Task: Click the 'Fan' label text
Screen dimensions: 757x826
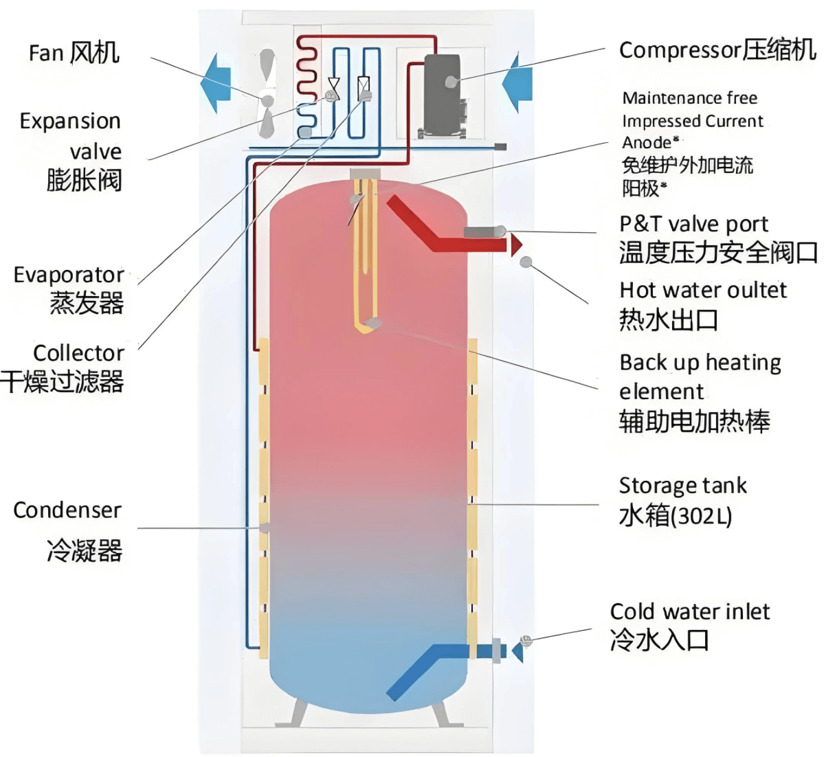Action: click(x=47, y=54)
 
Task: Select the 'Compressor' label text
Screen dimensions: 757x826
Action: click(x=680, y=50)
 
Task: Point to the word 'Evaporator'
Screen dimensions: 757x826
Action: click(x=68, y=275)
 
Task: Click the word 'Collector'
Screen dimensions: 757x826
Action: click(x=78, y=353)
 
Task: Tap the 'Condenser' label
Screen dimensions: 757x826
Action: click(x=67, y=510)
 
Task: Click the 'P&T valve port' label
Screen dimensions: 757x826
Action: click(x=693, y=224)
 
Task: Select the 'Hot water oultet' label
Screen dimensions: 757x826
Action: click(x=702, y=291)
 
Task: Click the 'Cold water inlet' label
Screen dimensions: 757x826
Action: click(x=689, y=611)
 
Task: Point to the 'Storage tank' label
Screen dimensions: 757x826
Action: click(x=682, y=486)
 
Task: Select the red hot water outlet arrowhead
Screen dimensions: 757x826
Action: click(x=516, y=245)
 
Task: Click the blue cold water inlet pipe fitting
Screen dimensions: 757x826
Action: click(x=496, y=651)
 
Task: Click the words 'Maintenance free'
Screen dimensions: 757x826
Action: click(x=689, y=98)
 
